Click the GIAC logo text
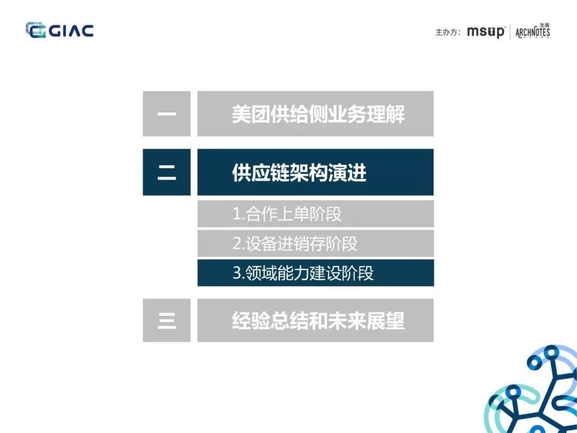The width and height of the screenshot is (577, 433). (71, 30)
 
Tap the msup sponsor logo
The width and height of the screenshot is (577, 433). (485, 32)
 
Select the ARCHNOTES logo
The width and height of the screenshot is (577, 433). (533, 32)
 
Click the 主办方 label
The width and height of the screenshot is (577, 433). (448, 32)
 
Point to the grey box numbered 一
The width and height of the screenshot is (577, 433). (167, 114)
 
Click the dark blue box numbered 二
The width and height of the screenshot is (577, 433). (167, 172)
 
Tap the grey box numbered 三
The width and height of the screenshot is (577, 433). (167, 320)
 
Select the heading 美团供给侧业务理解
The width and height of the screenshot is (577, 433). (318, 114)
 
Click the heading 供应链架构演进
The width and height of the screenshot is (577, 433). (299, 173)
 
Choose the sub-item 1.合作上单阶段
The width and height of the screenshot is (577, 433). (287, 214)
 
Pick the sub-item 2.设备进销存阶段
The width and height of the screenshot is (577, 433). (295, 244)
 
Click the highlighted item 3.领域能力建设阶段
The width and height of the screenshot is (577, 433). (303, 273)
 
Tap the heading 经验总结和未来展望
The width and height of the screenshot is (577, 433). (318, 320)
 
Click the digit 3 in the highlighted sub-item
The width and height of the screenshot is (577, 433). (237, 273)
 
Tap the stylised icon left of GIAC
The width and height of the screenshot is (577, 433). (36, 30)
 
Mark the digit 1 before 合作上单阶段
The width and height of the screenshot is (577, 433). (237, 214)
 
